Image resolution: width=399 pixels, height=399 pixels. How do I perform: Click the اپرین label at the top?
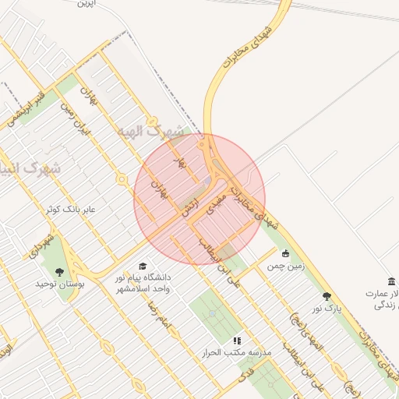[x=85, y=4]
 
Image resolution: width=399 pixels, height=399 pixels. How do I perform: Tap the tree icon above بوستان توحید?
[x=60, y=271]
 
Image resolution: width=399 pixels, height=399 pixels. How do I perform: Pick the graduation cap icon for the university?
[x=143, y=267]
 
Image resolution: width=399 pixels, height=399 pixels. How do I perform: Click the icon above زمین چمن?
[x=285, y=253]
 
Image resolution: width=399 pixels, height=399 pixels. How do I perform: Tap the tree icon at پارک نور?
[x=327, y=296]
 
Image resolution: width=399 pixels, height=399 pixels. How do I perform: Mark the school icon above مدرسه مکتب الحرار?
[x=237, y=341]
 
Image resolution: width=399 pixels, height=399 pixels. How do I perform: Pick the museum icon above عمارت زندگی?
[x=391, y=281]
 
